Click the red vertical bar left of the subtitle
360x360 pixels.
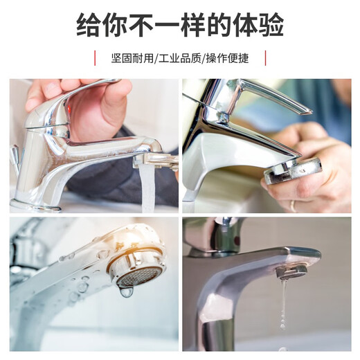coord(95,57)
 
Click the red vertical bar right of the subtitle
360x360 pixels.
coord(265,57)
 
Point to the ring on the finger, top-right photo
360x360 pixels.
coord(292,205)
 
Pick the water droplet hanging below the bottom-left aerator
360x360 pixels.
coord(126,292)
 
